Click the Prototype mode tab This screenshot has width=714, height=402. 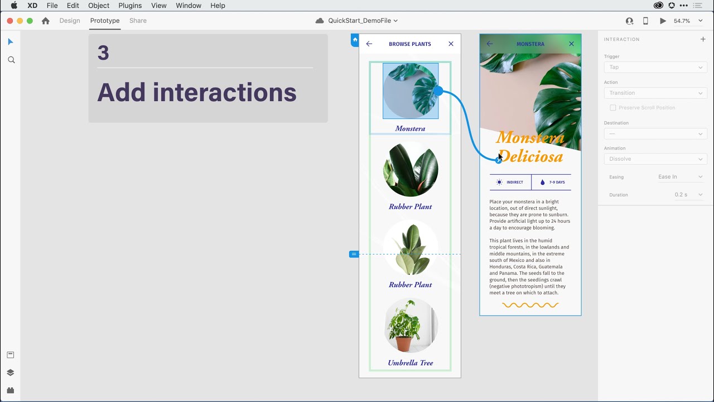pos(105,21)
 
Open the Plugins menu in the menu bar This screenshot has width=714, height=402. pos(130,6)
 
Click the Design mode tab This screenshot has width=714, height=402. pos(70,21)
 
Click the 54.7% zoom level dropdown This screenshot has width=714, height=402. pos(684,21)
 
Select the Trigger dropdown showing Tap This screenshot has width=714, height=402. pos(655,67)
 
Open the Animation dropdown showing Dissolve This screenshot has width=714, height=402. pos(655,159)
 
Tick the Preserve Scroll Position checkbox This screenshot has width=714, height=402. pos(613,108)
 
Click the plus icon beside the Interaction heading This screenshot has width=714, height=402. pos(703,39)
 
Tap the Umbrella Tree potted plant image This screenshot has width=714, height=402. pos(411,326)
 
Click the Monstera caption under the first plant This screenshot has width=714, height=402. pos(410,128)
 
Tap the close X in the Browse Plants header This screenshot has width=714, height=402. pos(451,44)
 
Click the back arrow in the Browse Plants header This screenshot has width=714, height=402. pos(369,44)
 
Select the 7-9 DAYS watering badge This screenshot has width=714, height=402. pos(552,183)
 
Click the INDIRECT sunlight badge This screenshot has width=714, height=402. pos(510,183)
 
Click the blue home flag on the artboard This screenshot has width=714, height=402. pos(355,40)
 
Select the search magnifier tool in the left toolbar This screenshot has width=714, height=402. pos(11,60)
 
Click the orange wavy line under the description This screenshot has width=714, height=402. pos(530,305)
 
